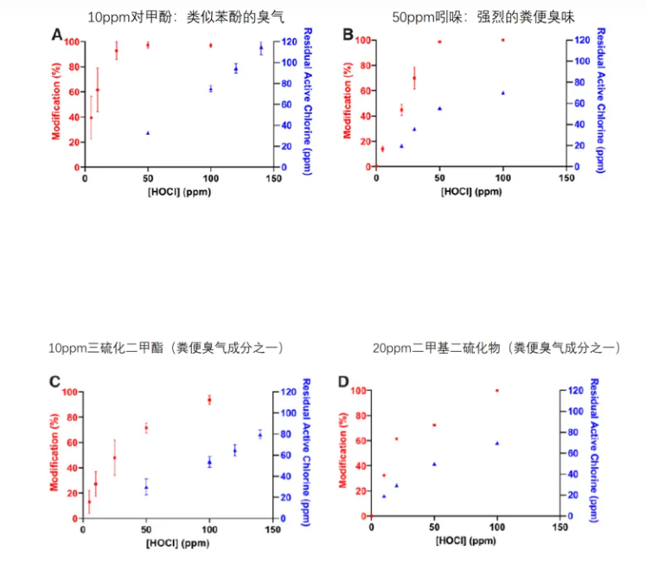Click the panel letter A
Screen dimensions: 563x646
[57, 35]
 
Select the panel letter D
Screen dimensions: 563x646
[343, 381]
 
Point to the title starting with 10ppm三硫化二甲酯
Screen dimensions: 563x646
[165, 348]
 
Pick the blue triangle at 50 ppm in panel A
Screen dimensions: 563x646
[148, 133]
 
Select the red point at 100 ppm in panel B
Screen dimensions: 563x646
[502, 40]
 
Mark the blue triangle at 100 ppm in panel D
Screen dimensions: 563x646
[496, 443]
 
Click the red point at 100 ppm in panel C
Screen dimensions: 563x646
[209, 400]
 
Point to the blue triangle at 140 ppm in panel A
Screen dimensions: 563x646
[260, 48]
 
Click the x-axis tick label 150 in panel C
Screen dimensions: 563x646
[272, 529]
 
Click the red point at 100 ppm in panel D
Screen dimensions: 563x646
[496, 390]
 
